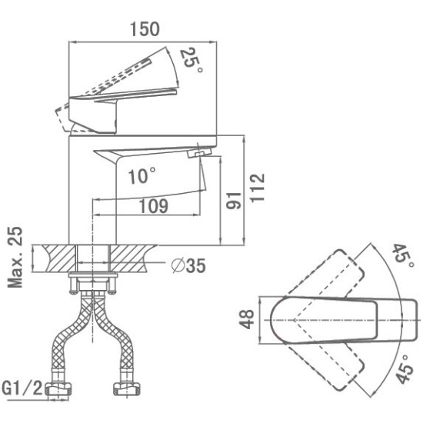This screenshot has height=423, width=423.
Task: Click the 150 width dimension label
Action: pos(145,29)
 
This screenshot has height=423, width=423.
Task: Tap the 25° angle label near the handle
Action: pos(191,61)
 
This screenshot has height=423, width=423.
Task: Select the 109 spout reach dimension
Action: pos(153,206)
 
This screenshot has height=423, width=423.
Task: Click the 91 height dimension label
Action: pos(234,201)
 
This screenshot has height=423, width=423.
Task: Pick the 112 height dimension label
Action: pos(257,188)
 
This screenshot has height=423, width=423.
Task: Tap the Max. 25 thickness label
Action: pos(15,258)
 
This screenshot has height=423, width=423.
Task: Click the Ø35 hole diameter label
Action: pos(188,265)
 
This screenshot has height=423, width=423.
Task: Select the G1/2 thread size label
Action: pos(22,388)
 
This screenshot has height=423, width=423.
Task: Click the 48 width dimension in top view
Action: pos(247,319)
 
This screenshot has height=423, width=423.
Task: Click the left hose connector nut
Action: pos(58,389)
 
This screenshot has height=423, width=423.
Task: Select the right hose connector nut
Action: pos(127,389)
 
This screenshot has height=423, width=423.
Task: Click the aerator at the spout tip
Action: pos(199,154)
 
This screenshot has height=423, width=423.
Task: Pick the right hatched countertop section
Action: pos(132,258)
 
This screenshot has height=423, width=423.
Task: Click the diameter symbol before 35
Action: pos(178,265)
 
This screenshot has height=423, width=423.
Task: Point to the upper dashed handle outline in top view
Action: pos(327,275)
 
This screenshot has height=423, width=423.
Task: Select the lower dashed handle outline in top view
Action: pos(327,366)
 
